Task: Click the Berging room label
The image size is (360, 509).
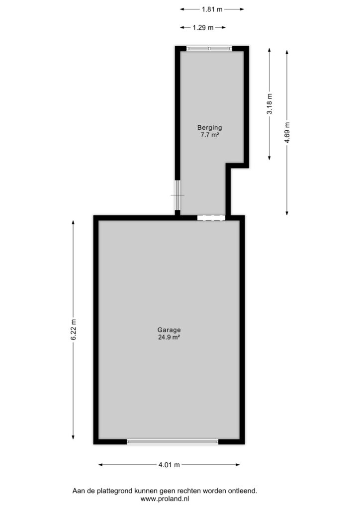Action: pyautogui.click(x=209, y=128)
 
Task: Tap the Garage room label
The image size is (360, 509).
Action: pyautogui.click(x=169, y=330)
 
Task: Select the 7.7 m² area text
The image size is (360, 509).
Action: pyautogui.click(x=209, y=135)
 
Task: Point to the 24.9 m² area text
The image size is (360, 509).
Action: pyautogui.click(x=169, y=338)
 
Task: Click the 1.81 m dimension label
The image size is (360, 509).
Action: pyautogui.click(x=212, y=9)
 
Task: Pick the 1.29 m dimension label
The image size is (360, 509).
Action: pyautogui.click(x=203, y=28)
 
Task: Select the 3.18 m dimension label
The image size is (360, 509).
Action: pyautogui.click(x=270, y=104)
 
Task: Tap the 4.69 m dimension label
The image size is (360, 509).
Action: pyautogui.click(x=286, y=133)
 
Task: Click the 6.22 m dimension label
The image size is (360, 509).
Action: pyautogui.click(x=74, y=330)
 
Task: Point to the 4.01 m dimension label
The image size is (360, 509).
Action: pyautogui.click(x=169, y=465)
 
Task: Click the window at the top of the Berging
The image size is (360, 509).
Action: pyautogui.click(x=209, y=49)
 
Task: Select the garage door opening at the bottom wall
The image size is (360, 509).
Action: pyautogui.click(x=173, y=442)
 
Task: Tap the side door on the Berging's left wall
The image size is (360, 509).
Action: pyautogui.click(x=177, y=195)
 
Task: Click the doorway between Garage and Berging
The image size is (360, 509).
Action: pyautogui.click(x=211, y=218)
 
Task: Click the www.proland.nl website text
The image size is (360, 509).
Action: pyautogui.click(x=165, y=499)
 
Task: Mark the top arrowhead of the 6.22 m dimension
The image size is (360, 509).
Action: pyautogui.click(x=74, y=222)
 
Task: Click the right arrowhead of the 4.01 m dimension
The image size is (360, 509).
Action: pyautogui.click(x=238, y=465)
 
